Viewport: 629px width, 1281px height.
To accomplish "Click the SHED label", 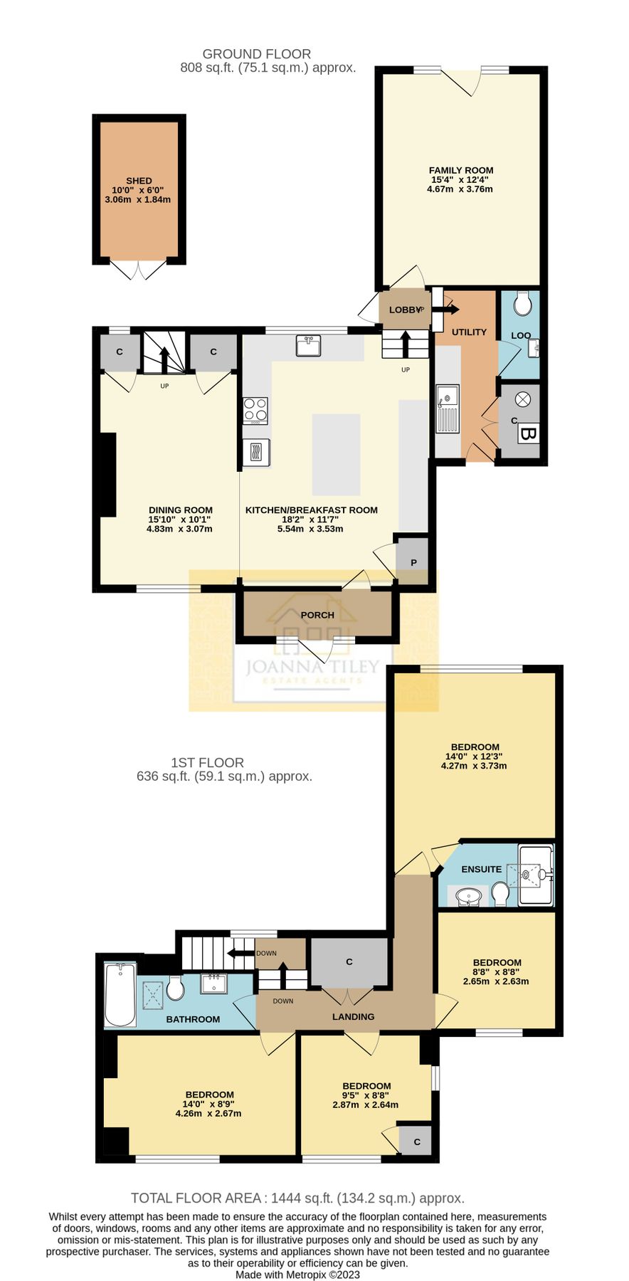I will (139, 181).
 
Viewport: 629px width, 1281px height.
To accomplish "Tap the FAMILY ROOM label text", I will (460, 170).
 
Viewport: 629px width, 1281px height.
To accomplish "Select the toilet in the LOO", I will (522, 305).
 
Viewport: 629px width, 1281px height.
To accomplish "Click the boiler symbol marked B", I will (528, 433).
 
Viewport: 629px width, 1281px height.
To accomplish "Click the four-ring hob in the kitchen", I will (255, 411).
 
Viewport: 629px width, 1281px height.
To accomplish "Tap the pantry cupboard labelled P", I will (413, 562).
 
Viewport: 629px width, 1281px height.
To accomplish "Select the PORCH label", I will (317, 615).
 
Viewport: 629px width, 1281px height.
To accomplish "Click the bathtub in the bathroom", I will (120, 995).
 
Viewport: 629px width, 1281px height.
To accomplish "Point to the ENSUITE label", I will (481, 869).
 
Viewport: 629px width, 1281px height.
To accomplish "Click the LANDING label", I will (353, 1016).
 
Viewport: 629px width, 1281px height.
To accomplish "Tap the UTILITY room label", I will (469, 332).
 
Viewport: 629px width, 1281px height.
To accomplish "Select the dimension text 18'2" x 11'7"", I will (310, 520).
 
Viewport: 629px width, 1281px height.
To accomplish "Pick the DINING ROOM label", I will (180, 510).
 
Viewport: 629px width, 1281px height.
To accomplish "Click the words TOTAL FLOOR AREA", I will (194, 1198).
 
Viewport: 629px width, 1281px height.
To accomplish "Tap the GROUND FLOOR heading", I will (256, 54).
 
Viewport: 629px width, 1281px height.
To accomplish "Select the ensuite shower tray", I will (536, 874).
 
